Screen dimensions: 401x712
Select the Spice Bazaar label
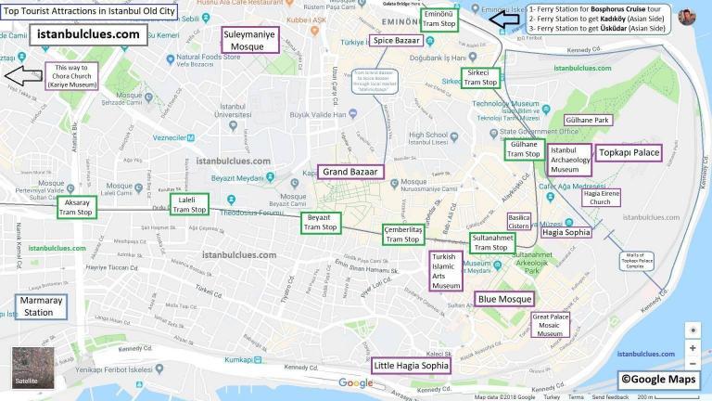(396, 40)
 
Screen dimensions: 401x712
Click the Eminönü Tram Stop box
(439, 20)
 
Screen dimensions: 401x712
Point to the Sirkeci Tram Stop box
(479, 77)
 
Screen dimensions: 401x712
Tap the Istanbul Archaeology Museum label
(569, 160)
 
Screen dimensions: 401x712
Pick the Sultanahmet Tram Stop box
(492, 243)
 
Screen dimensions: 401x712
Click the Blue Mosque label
(504, 299)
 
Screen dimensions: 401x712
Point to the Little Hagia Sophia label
(412, 366)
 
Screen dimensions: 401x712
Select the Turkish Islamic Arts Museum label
(446, 271)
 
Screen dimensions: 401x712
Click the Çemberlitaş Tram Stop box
(402, 234)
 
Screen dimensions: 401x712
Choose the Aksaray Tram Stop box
(76, 207)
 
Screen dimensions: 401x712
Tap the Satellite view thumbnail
(32, 368)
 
